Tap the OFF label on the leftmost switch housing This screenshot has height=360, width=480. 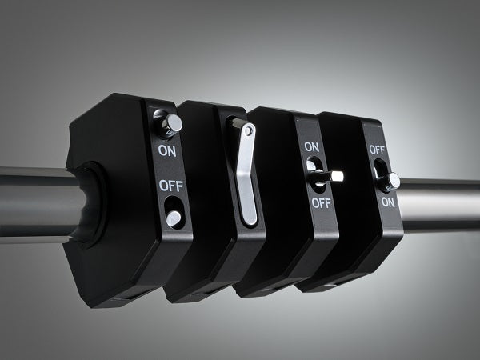[169, 186]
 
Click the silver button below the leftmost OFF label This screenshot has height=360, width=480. [172, 218]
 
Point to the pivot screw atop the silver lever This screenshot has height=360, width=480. [250, 130]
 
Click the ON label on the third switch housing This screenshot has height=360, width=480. [313, 147]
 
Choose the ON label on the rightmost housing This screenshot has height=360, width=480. [387, 202]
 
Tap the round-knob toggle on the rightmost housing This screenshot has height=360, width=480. [393, 182]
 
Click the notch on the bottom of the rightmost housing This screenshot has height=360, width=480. [330, 285]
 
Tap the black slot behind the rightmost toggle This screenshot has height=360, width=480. [378, 170]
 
